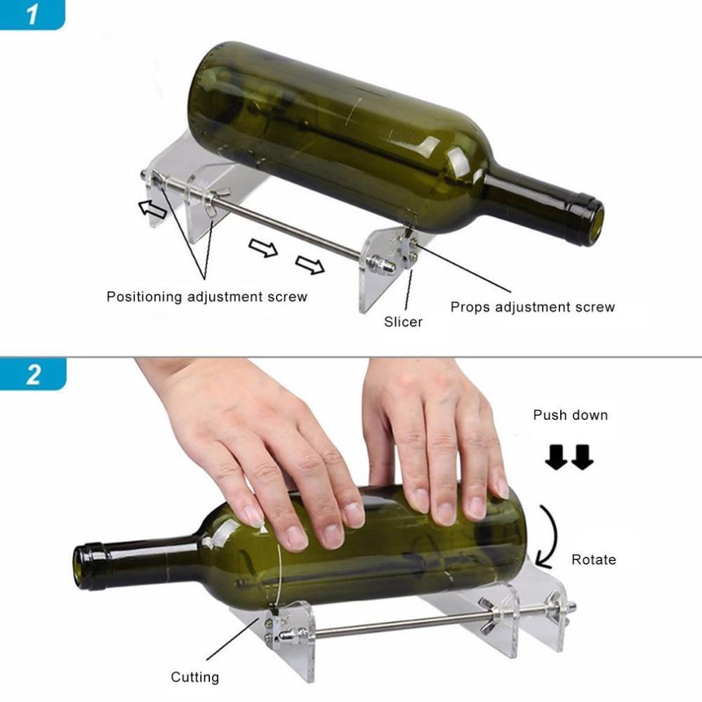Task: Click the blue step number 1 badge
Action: (x=31, y=14)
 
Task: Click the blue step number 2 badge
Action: (x=32, y=374)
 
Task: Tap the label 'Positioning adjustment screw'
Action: (x=206, y=296)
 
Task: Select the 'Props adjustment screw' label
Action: (x=532, y=307)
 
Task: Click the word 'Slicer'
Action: (x=403, y=322)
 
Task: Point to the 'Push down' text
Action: (x=570, y=415)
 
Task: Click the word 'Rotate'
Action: (x=593, y=559)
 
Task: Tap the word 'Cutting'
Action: (x=194, y=677)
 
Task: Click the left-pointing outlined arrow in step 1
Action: (x=151, y=208)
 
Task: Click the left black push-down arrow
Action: (x=558, y=458)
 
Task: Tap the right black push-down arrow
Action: (x=582, y=458)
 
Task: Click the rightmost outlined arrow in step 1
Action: (x=310, y=265)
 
